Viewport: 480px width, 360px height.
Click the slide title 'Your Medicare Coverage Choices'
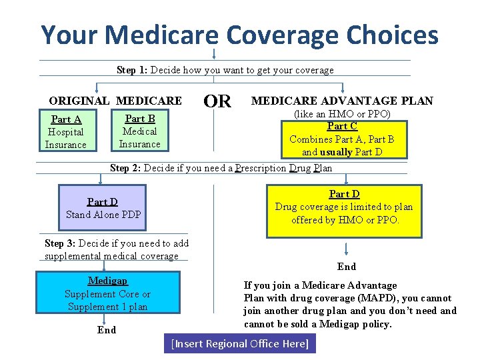point(240,35)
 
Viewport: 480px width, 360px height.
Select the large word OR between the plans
point(217,101)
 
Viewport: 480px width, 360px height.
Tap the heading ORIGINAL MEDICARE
point(115,101)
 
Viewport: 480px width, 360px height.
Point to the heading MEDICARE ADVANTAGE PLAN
point(342,101)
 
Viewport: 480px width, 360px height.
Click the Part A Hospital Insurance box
point(66,131)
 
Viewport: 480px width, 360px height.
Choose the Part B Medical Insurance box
point(140,131)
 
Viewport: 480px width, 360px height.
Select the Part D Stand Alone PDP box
point(103,208)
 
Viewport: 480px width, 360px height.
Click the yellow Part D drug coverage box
point(344,209)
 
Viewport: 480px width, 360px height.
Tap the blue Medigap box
point(107,293)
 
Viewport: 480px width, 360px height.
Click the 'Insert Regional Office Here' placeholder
point(240,344)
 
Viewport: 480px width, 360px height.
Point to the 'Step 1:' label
point(132,70)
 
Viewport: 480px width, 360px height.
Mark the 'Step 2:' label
point(125,168)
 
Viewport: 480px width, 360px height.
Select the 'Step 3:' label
point(60,243)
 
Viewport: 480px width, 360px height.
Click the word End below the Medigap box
point(107,330)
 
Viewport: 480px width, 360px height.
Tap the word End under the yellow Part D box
point(347,267)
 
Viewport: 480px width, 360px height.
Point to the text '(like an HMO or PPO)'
point(342,114)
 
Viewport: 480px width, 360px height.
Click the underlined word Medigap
point(107,281)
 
